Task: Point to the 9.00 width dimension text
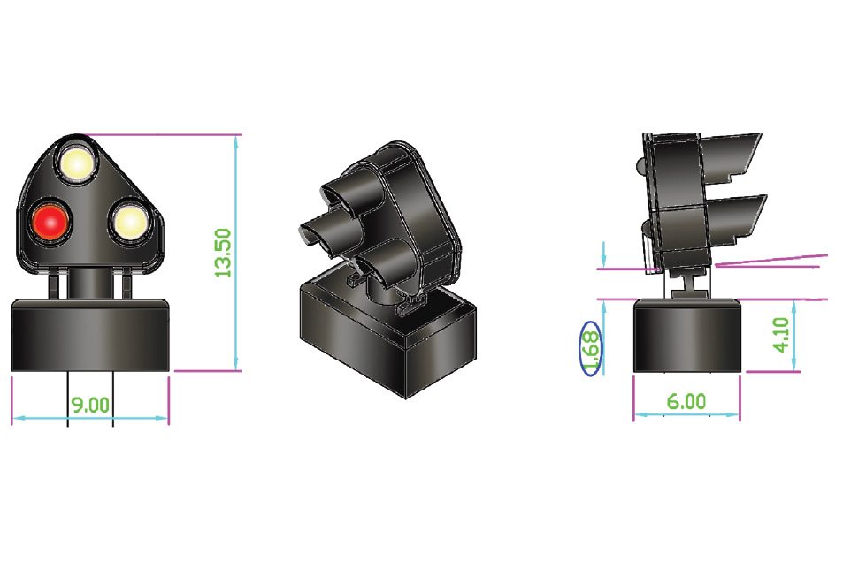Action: [89, 405]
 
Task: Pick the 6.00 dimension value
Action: [686, 401]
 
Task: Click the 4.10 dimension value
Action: [780, 336]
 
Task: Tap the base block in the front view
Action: [89, 336]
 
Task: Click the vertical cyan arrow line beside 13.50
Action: [236, 253]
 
